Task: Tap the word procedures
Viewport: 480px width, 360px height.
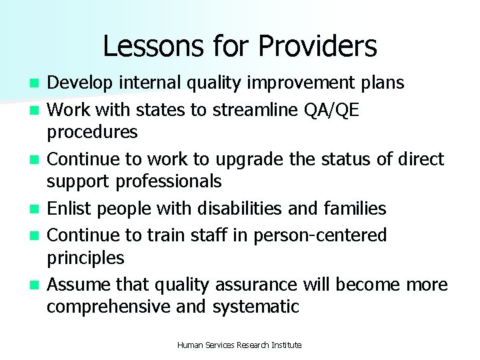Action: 92,132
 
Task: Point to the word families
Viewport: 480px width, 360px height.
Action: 355,209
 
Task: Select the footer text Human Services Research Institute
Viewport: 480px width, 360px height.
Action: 240,345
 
